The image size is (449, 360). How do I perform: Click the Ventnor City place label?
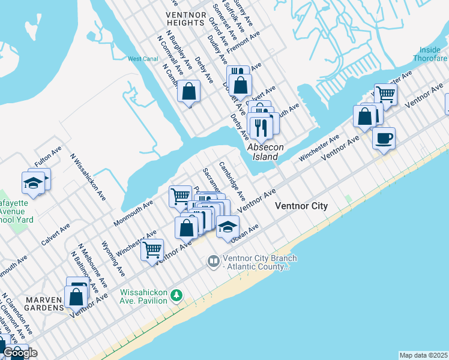(x=301, y=206)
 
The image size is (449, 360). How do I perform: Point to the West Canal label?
(x=142, y=59)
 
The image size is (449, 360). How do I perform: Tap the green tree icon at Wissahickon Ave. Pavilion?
(x=176, y=295)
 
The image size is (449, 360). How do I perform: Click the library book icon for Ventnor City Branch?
(x=213, y=261)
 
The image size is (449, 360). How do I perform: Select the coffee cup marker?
(x=384, y=138)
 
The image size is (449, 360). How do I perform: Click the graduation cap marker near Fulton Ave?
(x=32, y=184)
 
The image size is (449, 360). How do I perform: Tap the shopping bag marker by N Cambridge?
(x=188, y=92)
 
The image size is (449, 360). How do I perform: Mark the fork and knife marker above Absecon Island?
(x=261, y=126)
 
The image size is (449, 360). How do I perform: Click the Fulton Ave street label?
(x=48, y=157)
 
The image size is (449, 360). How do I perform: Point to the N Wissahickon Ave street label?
(x=88, y=178)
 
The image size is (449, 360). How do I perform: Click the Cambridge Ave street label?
(x=232, y=181)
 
